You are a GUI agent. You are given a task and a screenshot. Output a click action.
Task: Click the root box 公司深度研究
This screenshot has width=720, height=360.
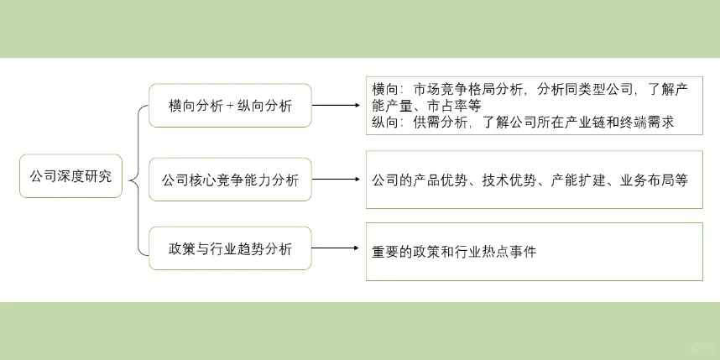point(70,178)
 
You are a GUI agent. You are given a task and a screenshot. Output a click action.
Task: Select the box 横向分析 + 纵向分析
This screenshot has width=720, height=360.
point(230,106)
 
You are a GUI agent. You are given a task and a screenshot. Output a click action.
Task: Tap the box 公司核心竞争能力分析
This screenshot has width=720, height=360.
point(230,179)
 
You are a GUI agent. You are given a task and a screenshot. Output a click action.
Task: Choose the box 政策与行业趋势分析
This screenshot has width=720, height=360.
point(230,248)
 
